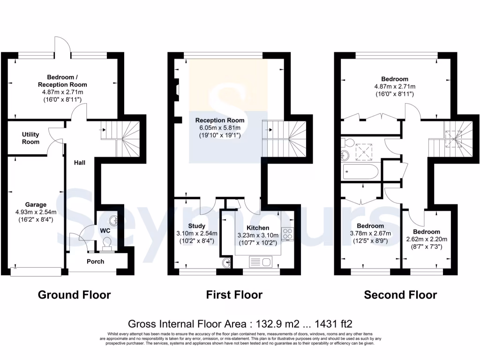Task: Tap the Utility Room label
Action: [30, 138]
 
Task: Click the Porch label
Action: [96, 261]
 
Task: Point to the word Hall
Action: [81, 163]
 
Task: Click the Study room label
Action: [196, 226]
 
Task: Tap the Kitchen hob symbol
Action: [287, 233]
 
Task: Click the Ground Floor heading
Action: [74, 295]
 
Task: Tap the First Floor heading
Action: [234, 295]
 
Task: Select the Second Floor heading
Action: [400, 295]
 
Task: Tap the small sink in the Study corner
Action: [226, 262]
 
